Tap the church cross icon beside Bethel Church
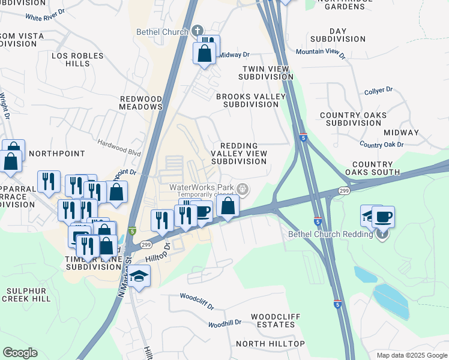tap(198, 31)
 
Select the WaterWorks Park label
tap(201, 187)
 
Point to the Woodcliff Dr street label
tap(197, 301)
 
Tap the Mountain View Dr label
tap(321, 53)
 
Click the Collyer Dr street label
tap(378, 91)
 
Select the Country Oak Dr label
tap(381, 145)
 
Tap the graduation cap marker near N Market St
tap(139, 277)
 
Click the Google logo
tap(20, 353)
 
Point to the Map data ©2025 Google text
tap(411, 355)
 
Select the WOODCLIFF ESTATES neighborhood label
tap(273, 320)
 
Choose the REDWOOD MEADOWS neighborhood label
tap(142, 103)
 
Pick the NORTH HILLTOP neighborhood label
tap(270, 344)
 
